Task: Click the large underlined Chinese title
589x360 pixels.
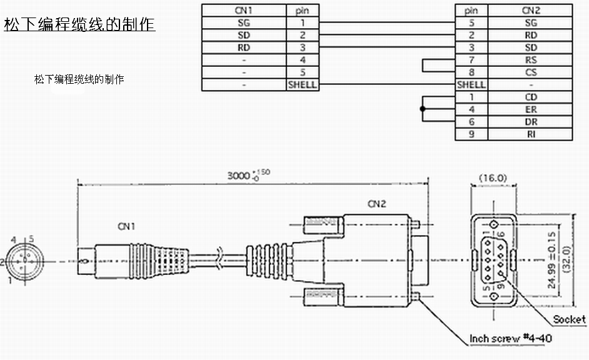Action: pyautogui.click(x=79, y=26)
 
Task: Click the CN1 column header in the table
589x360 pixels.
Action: pyautogui.click(x=243, y=11)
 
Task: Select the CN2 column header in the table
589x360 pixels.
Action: pyautogui.click(x=530, y=11)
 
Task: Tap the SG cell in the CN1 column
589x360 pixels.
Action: pyautogui.click(x=243, y=23)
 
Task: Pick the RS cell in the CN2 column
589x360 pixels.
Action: pyautogui.click(x=530, y=60)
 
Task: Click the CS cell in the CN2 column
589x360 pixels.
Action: pyautogui.click(x=530, y=72)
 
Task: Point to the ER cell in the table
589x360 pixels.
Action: pyautogui.click(x=530, y=109)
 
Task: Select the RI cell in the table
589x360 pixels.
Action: pyautogui.click(x=530, y=134)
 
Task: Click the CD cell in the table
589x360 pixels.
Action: pyautogui.click(x=530, y=97)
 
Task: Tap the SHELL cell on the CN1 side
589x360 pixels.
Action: pyautogui.click(x=302, y=84)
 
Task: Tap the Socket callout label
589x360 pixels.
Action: pyautogui.click(x=569, y=319)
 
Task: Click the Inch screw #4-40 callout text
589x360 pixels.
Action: pyautogui.click(x=510, y=338)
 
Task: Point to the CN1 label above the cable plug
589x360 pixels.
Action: pyautogui.click(x=127, y=225)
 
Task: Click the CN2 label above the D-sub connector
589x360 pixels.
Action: pyautogui.click(x=377, y=204)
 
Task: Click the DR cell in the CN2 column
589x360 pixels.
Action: pyautogui.click(x=530, y=122)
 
